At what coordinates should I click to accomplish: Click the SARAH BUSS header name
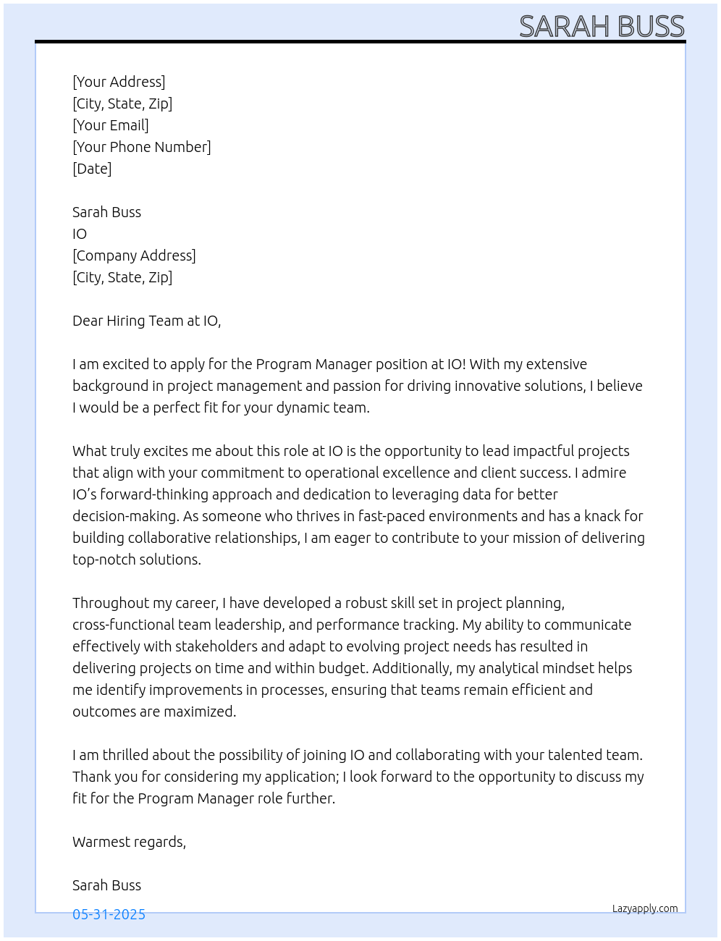tap(601, 27)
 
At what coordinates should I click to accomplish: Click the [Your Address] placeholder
tap(119, 82)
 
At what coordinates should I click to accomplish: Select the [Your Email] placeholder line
tap(111, 125)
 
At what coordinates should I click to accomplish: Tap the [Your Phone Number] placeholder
tap(142, 147)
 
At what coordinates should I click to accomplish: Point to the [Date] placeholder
tap(92, 169)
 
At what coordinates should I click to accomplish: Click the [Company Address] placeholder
tap(134, 256)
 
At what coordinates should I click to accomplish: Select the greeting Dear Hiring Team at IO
tap(146, 321)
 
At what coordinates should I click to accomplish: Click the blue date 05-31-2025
tap(109, 914)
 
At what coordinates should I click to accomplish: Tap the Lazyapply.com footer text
tap(644, 908)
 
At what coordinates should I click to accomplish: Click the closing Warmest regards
tap(129, 842)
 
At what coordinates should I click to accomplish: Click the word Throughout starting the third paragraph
tap(109, 603)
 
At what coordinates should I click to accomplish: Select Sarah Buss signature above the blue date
tap(106, 885)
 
